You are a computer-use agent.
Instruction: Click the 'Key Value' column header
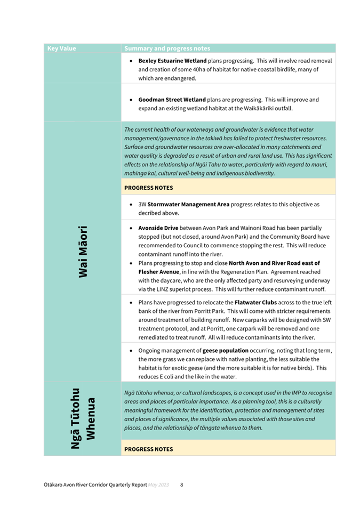[x=62, y=49]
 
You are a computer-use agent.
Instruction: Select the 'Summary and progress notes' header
[x=167, y=49]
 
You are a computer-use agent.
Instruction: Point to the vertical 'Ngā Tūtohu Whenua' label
[x=83, y=418]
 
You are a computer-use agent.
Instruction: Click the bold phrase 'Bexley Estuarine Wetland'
[x=172, y=61]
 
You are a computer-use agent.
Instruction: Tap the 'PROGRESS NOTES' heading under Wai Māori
[x=149, y=188]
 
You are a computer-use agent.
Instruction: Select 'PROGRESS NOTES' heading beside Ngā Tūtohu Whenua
[x=149, y=449]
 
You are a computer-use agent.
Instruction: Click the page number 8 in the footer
[x=181, y=485]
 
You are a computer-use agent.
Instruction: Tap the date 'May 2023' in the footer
[x=158, y=485]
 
